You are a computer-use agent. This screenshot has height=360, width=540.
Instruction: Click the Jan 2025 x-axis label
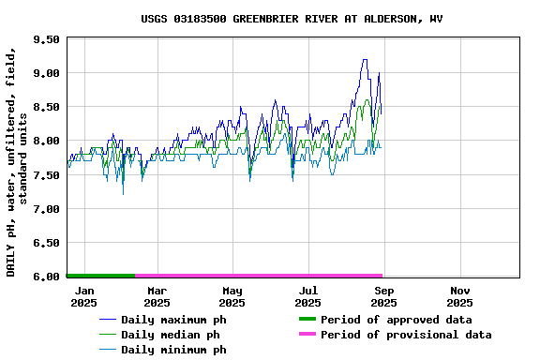pyautogui.click(x=83, y=296)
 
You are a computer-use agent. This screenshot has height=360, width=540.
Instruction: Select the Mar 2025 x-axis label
pyautogui.click(x=157, y=296)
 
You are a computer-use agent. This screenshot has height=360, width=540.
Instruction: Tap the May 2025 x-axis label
pyautogui.click(x=232, y=296)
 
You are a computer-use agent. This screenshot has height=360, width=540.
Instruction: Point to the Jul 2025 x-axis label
pyautogui.click(x=307, y=296)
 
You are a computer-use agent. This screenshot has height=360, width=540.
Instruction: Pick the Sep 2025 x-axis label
pyautogui.click(x=383, y=296)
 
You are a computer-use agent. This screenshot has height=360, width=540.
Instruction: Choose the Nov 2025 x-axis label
pyautogui.click(x=459, y=296)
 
